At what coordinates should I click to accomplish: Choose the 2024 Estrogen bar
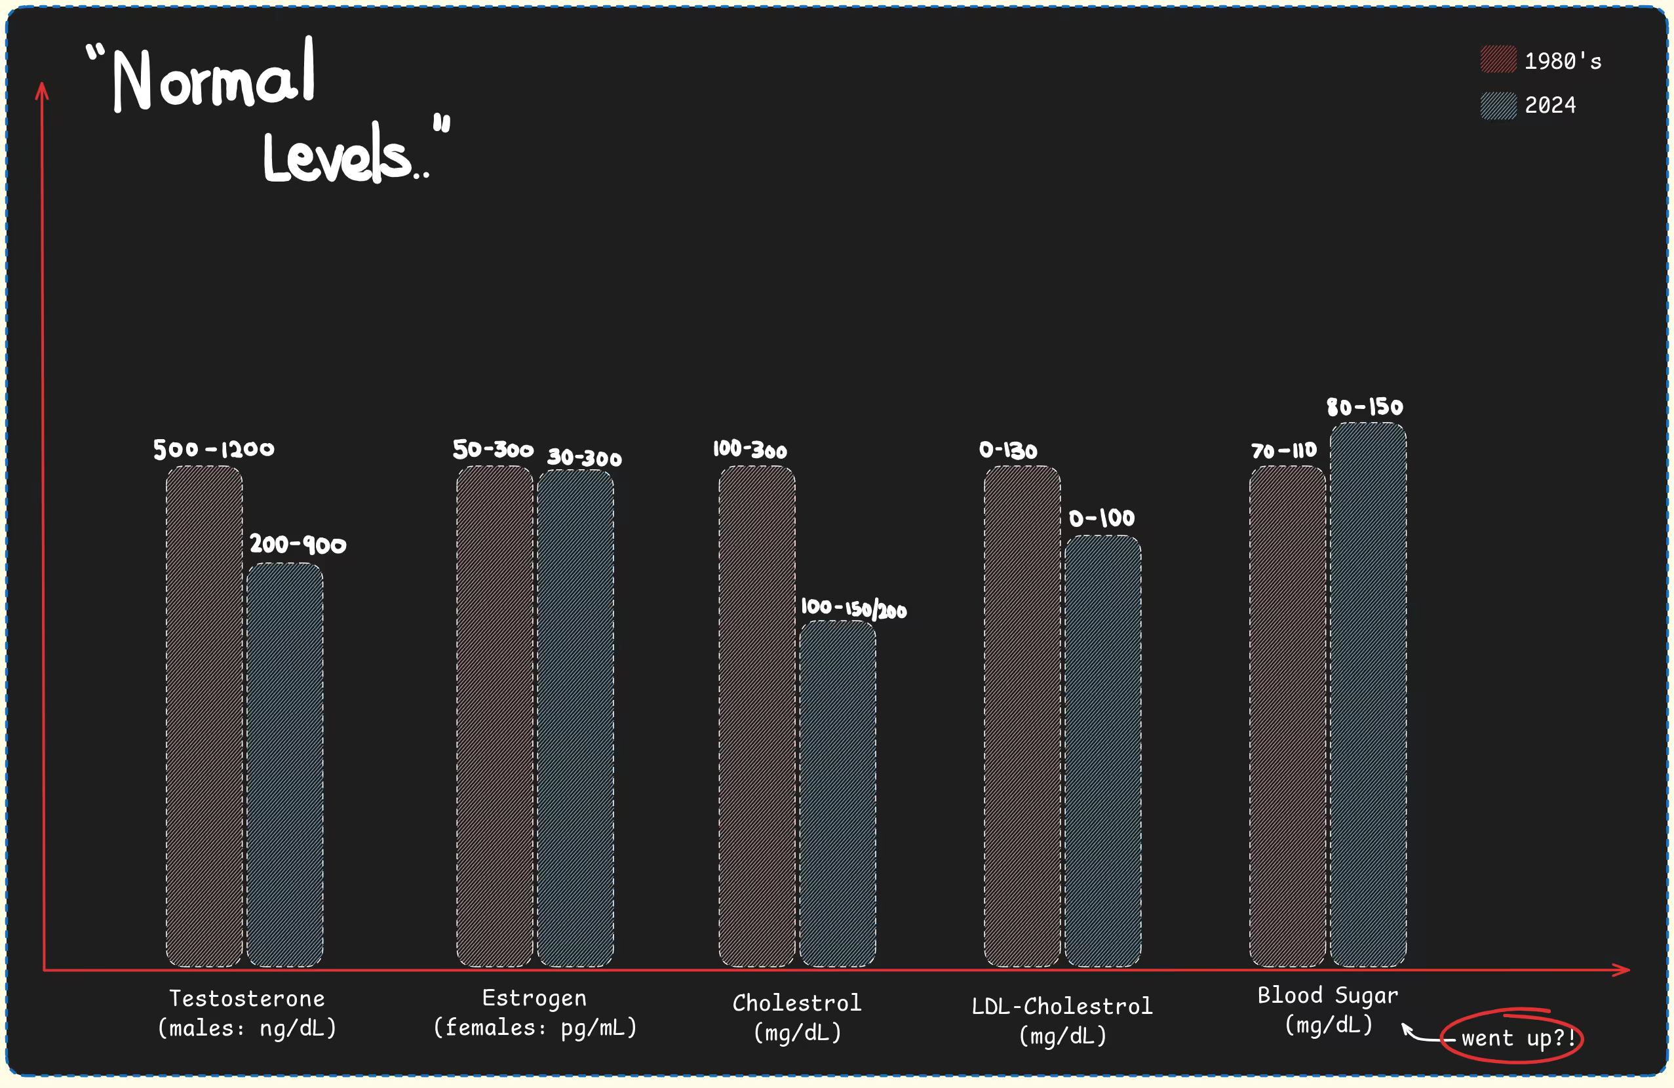click(x=575, y=718)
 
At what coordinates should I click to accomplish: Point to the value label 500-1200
click(x=214, y=450)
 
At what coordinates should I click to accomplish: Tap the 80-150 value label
click(x=1365, y=406)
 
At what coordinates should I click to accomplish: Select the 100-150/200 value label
click(x=853, y=608)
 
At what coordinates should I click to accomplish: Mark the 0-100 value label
click(x=1101, y=518)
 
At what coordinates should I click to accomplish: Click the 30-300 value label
click(x=585, y=458)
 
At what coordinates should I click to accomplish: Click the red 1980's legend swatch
click(x=1498, y=60)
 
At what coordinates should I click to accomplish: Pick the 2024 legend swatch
click(x=1498, y=106)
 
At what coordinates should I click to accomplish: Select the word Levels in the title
click(x=338, y=156)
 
